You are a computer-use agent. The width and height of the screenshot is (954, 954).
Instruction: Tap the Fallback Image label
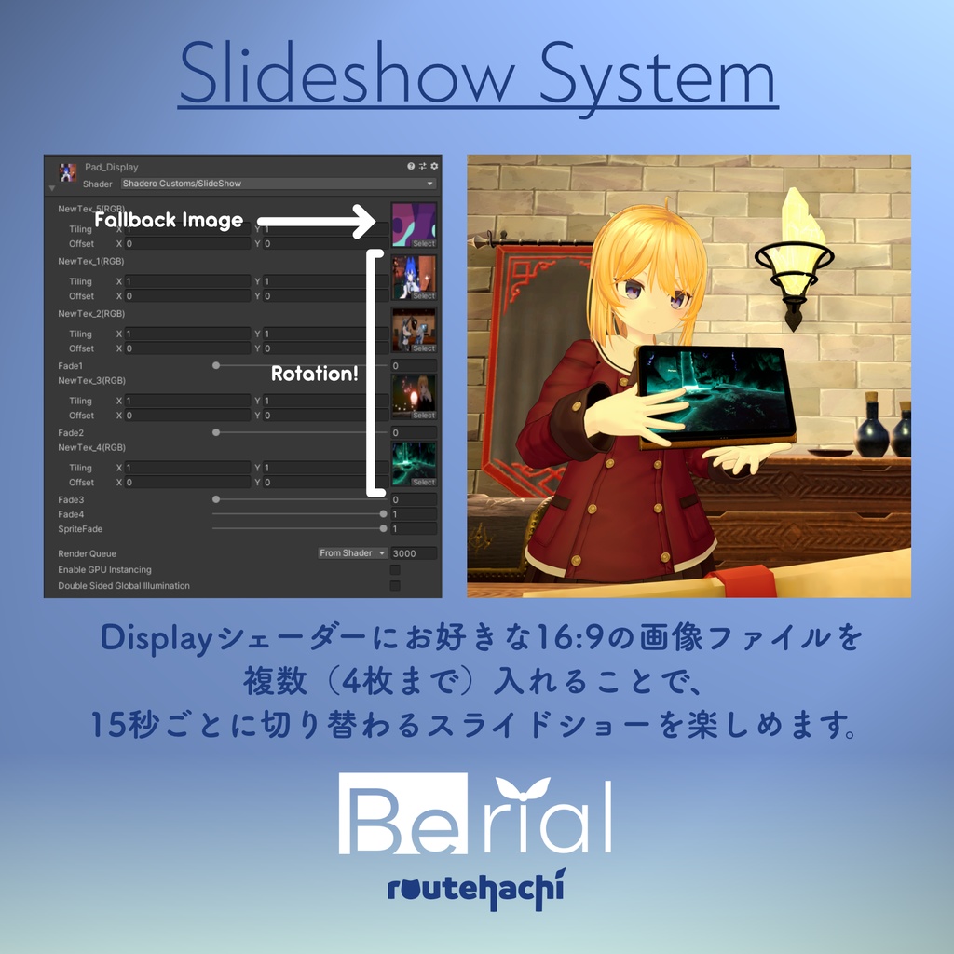point(169,221)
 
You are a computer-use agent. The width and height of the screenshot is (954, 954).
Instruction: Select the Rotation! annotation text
point(315,373)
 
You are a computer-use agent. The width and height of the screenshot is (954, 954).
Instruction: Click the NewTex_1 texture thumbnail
point(414,277)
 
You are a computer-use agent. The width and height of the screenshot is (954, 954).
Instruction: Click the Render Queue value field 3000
point(414,553)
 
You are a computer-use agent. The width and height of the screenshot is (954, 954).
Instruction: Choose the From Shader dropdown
point(353,553)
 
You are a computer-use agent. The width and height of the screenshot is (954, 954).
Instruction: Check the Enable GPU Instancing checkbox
point(395,569)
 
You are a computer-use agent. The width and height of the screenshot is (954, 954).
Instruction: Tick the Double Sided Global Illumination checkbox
point(395,586)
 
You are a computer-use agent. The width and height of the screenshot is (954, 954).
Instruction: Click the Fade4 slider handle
point(383,514)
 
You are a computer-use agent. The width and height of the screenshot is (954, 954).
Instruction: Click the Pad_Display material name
point(111,167)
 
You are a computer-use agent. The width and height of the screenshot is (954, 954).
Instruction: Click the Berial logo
point(475,816)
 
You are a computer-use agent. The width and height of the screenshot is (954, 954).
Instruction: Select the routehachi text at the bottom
point(475,891)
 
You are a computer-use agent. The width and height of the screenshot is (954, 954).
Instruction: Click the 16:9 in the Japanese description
point(564,639)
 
